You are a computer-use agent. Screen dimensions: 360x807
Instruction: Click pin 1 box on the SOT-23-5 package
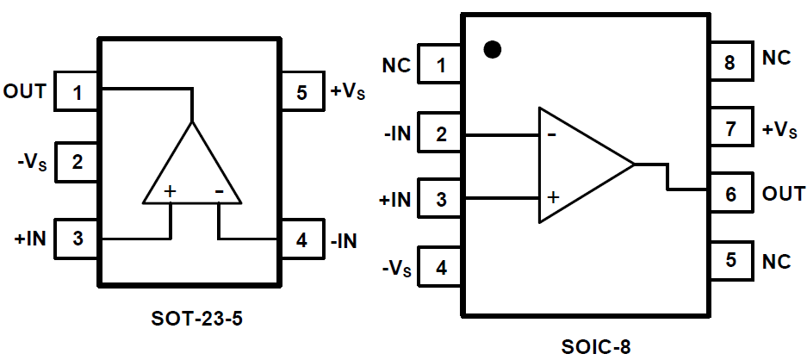point(78,92)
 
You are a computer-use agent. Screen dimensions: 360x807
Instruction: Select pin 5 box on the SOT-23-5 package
point(301,92)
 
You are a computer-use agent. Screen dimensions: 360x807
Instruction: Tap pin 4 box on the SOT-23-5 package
point(301,240)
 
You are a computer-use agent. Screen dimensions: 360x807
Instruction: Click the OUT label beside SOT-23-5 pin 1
point(25,91)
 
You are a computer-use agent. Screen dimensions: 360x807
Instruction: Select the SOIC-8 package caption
point(595,347)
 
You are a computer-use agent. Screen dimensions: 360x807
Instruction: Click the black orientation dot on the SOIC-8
point(492,49)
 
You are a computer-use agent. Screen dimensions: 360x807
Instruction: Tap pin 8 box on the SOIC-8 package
point(730,62)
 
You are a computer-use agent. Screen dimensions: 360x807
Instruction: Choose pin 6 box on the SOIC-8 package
point(730,195)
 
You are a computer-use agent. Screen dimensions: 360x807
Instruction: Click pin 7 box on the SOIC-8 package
point(730,130)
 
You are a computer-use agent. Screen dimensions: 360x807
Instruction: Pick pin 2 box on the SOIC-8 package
point(441,134)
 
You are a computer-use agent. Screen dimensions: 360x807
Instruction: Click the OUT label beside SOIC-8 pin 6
point(784,194)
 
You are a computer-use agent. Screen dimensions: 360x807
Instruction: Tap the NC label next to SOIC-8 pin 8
point(777,59)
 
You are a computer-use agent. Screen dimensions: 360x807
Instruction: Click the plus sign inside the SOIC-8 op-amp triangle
point(552,196)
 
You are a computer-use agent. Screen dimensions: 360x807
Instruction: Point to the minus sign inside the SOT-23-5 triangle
point(220,191)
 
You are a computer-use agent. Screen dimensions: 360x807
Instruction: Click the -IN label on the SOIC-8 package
point(397,134)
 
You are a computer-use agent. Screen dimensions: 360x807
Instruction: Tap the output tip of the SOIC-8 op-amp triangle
point(635,164)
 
